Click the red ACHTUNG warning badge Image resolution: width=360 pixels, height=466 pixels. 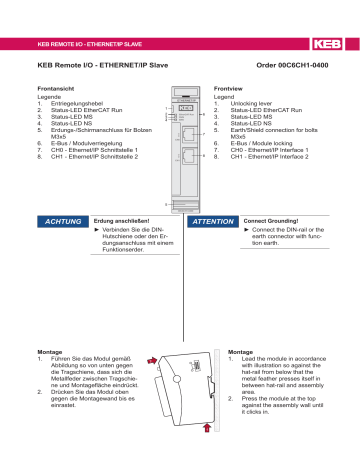59,220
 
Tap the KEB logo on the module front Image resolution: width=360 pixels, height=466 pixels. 183,109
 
